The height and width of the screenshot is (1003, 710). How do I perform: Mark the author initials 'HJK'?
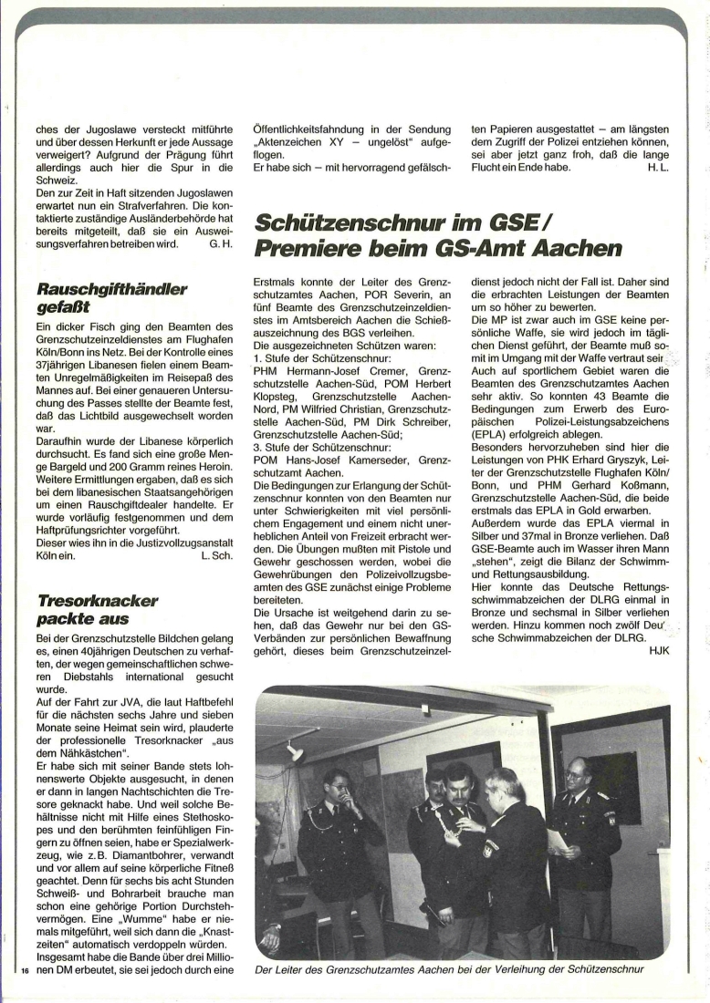pos(658,651)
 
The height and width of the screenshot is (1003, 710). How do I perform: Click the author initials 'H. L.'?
pos(658,169)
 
